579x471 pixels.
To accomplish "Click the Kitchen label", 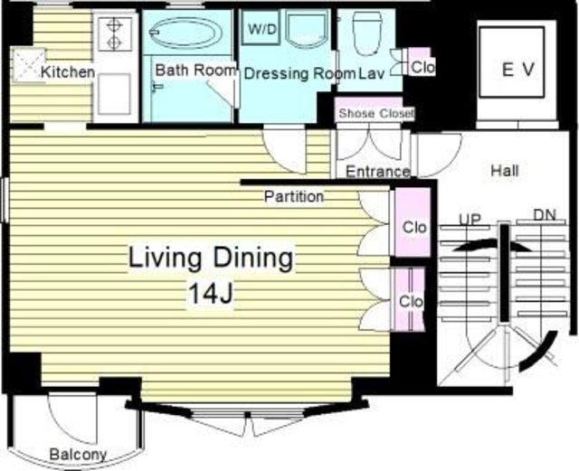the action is point(68,72).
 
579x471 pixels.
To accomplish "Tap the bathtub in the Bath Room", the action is point(185,33).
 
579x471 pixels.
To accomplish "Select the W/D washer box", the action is point(261,29).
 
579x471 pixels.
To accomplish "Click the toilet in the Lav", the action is point(367,33).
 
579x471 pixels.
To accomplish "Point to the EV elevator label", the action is point(518,69).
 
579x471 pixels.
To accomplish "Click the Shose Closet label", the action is point(376,113).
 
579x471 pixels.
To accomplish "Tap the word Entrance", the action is point(378,172).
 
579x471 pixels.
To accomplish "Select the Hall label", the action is point(505,171).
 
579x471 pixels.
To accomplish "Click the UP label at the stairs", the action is point(470,220).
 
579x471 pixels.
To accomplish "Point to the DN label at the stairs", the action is point(545,215).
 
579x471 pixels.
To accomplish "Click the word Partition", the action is point(294,196).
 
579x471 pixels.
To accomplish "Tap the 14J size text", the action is point(211,294).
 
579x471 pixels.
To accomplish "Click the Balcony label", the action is point(78,455).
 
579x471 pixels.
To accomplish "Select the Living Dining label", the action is point(211,258).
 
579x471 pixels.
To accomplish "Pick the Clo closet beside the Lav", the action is point(422,62).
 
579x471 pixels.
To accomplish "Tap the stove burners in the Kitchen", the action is point(114,33).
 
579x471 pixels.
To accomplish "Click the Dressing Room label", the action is point(299,74).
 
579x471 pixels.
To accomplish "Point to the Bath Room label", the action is point(195,70).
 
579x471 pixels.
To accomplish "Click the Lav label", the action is point(372,74).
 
